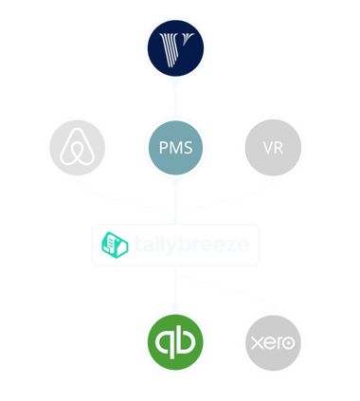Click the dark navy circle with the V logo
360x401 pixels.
click(175, 48)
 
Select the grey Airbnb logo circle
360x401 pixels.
click(78, 147)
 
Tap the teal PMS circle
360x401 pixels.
click(175, 148)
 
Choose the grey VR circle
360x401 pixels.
click(273, 148)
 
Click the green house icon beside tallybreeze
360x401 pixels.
click(115, 245)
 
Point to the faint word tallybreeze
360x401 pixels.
click(191, 246)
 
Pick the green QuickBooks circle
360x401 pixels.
click(175, 342)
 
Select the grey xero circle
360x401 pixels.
click(273, 343)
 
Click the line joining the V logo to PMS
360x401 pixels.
click(175, 100)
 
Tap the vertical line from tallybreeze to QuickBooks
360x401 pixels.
click(175, 285)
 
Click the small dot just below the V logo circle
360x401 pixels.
click(175, 82)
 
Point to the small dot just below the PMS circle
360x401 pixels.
click(175, 182)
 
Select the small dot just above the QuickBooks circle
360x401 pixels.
click(175, 307)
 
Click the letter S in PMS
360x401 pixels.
click(188, 148)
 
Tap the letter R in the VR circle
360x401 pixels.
click(279, 148)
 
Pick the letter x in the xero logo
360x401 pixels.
click(257, 343)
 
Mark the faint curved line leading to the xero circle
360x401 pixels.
click(225, 288)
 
